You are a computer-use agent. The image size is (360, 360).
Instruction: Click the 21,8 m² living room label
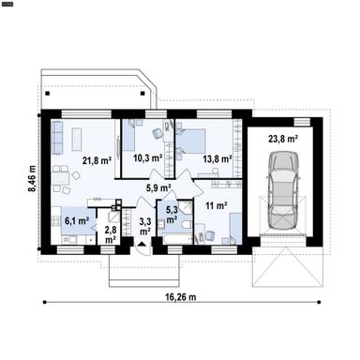97,160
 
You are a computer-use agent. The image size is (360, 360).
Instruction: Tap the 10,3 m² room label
147,157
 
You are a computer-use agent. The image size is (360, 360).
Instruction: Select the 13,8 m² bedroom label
217,158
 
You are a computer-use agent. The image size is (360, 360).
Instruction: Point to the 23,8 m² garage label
283,139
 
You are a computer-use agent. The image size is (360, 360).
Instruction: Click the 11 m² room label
217,205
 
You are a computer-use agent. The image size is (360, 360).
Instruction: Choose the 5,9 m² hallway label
158,187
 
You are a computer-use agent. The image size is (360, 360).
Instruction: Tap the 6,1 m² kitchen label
77,221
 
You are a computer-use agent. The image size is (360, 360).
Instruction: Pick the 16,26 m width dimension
181,297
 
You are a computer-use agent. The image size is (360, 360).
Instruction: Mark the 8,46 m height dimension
32,178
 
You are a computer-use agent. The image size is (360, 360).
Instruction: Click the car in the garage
284,190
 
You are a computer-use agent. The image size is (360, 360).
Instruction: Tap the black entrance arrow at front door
142,244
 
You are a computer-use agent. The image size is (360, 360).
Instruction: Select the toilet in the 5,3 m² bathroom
187,225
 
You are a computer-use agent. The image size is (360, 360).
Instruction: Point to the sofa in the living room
57,138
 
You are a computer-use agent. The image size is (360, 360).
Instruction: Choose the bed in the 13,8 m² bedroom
191,142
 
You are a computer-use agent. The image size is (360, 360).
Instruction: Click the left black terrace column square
48,93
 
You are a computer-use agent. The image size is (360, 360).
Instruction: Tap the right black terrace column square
142,93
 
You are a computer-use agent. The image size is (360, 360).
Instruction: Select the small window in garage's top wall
302,122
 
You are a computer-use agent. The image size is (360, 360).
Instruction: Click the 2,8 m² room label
111,235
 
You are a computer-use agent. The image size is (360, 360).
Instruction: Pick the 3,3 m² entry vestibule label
145,227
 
